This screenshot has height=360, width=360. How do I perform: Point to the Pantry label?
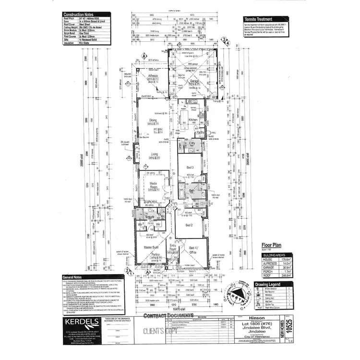click(x=201, y=132)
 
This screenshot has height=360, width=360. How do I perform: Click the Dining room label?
click(x=153, y=120)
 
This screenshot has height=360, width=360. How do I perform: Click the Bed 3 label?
click(x=191, y=167)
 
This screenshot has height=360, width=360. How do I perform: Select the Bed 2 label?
click(x=189, y=225)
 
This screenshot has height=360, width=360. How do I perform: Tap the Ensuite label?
click(x=149, y=216)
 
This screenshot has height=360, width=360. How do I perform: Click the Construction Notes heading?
click(x=81, y=15)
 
